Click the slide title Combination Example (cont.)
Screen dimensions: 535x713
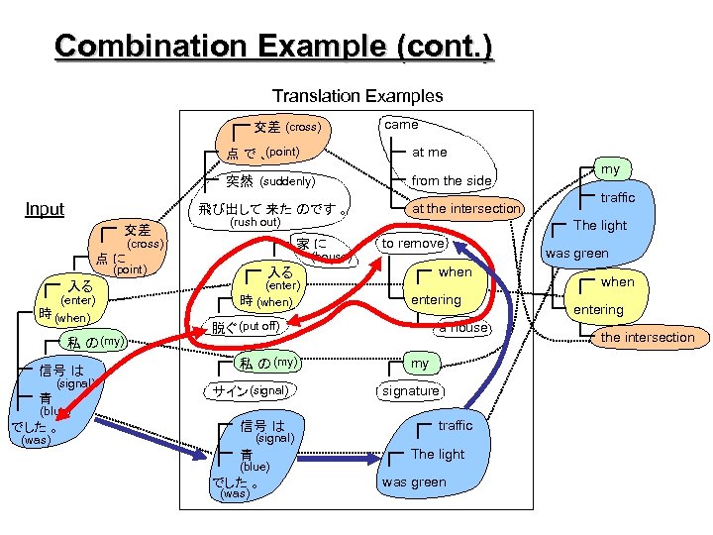pos(273,46)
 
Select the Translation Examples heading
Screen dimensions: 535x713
pos(357,96)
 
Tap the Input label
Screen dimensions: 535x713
pos(45,209)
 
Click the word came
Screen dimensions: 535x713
pos(401,125)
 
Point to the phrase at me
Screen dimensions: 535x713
pos(429,153)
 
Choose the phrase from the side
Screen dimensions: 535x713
pos(451,180)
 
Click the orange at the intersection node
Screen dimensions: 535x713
pos(465,208)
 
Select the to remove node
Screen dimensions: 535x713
pos(414,243)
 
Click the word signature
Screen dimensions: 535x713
pos(410,391)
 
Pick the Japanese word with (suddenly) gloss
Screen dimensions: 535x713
pos(241,181)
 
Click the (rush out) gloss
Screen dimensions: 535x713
pos(254,223)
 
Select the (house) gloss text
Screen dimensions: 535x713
pos(331,258)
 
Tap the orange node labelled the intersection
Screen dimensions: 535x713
pos(648,338)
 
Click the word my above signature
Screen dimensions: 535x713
pos(420,364)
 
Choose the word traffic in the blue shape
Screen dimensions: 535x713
pos(455,426)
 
